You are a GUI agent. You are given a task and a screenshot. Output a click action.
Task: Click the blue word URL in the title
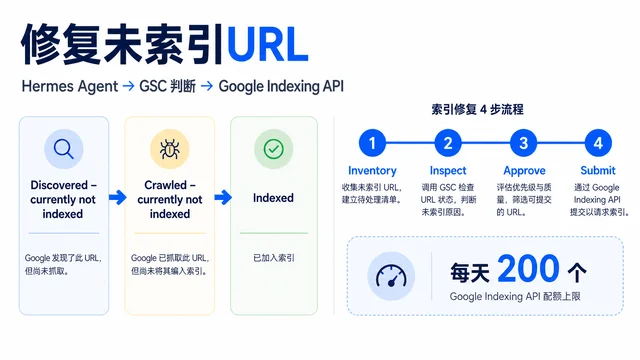pos(267,45)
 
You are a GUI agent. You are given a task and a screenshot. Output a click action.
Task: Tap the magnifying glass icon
pos(64,149)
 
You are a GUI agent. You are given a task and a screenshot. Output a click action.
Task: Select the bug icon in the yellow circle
pos(169,149)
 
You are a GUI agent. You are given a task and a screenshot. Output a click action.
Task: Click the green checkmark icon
pos(273,149)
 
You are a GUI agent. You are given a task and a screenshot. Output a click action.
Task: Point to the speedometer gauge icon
pos(391,276)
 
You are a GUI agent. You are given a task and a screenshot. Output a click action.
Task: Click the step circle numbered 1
pos(372,143)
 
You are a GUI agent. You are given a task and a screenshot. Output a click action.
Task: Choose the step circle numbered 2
pos(448,143)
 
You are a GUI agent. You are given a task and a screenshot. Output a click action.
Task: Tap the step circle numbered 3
pos(523,143)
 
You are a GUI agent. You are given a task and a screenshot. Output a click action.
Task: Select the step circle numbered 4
pos(598,143)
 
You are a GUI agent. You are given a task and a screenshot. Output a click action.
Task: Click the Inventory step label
pos(372,171)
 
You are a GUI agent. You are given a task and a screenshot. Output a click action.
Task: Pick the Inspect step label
pos(448,171)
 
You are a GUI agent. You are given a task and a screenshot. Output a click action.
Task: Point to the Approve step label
pos(524,171)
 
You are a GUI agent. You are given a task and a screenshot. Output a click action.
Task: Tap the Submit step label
pos(598,170)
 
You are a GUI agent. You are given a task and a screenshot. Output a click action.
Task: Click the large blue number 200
pos(528,269)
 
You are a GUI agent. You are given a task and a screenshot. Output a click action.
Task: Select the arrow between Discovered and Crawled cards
pos(118,198)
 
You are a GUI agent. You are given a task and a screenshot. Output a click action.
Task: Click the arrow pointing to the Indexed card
pos(223,198)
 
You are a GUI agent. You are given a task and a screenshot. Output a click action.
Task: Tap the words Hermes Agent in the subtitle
pos(70,87)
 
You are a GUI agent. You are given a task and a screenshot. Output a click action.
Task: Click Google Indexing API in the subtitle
pos(281,87)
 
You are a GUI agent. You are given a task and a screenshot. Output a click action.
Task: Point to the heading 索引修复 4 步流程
pos(477,109)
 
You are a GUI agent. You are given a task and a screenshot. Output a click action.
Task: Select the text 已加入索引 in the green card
pos(274,258)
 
